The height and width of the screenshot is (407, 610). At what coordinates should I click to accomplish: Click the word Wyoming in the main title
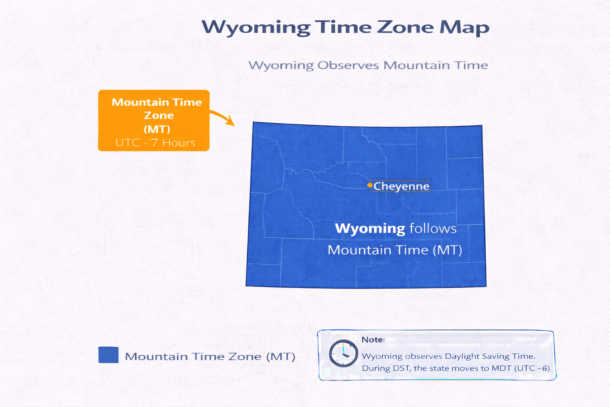256,27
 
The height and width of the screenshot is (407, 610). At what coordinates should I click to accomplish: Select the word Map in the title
464,28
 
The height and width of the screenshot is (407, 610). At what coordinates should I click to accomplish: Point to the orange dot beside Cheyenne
370,185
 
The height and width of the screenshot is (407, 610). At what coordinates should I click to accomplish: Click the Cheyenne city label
402,186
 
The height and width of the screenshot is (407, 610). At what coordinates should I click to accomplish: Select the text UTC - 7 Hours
155,143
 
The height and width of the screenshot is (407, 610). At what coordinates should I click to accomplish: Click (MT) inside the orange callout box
157,129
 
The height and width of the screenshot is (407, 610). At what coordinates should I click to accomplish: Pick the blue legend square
108,355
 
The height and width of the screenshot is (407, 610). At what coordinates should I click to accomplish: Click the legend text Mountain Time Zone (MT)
210,357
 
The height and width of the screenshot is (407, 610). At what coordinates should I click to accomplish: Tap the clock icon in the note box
343,353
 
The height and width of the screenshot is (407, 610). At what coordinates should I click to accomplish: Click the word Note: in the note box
373,340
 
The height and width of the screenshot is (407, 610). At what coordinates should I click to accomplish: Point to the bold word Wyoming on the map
370,229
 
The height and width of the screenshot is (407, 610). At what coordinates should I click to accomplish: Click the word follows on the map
433,229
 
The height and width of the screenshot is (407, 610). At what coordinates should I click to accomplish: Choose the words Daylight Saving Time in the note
490,356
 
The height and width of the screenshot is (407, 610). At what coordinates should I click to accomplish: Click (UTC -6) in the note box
532,368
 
